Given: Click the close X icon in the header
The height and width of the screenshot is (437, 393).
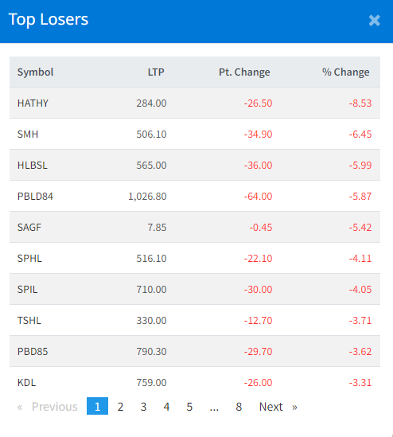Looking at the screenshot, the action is click(375, 21).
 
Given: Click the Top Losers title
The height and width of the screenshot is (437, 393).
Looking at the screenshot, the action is click(49, 20).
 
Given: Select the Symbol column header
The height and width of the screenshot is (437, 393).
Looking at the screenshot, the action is click(35, 72).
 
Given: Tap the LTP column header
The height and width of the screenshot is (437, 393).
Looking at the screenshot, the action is click(156, 72).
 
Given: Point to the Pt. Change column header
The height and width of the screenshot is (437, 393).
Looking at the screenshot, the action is click(244, 72).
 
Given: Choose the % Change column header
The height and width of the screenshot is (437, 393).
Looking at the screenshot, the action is click(346, 72).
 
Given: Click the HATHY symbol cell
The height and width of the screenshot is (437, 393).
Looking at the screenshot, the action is click(33, 103).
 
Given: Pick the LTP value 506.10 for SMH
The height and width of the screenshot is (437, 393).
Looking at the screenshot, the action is click(151, 135).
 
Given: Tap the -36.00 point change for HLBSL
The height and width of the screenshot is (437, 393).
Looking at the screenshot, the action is click(259, 166).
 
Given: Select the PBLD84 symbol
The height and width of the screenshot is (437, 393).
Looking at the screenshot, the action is click(35, 197).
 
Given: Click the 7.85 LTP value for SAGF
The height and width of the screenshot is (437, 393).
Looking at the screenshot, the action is click(157, 228).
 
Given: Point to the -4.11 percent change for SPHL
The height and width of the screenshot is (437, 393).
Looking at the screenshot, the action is click(360, 259).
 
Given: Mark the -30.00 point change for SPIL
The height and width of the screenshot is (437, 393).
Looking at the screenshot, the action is click(259, 290).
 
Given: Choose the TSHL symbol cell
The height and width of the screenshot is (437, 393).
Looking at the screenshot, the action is click(29, 321).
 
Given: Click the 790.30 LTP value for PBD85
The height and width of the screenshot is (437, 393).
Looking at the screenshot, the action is click(151, 352).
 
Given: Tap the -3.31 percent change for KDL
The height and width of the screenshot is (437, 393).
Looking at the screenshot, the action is click(360, 383).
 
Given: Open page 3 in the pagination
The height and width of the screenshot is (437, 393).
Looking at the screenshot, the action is click(143, 407).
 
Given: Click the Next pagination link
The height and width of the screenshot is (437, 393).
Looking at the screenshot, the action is click(278, 407).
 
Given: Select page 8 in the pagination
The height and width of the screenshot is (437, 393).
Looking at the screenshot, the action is click(239, 407).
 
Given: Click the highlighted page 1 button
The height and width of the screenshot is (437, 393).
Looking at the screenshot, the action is click(97, 406).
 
